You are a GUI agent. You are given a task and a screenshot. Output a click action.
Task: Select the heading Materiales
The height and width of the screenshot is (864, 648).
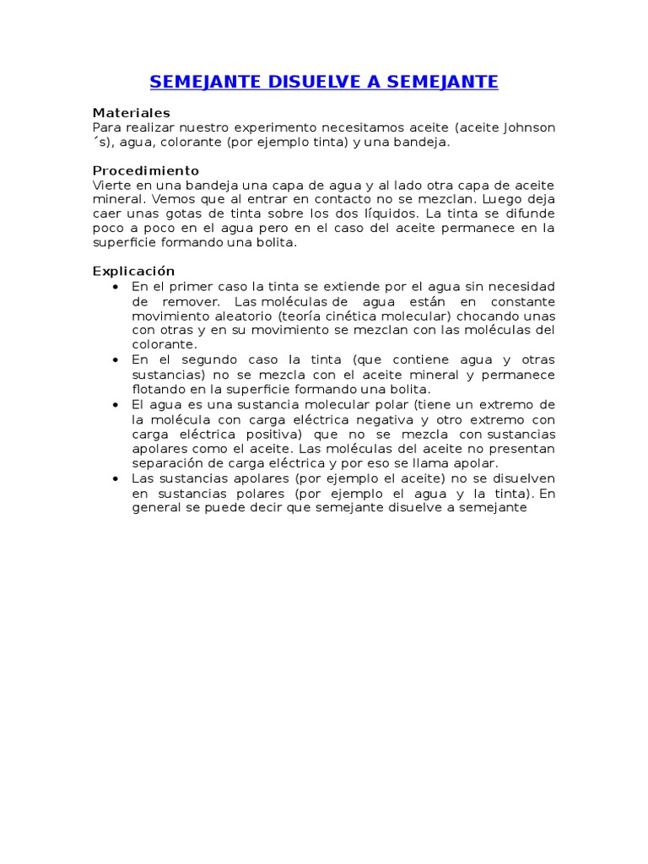[x=131, y=112]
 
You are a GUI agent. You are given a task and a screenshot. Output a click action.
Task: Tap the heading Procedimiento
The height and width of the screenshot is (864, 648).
[x=146, y=170]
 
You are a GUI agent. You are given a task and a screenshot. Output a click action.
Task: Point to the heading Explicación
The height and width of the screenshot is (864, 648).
[x=133, y=271]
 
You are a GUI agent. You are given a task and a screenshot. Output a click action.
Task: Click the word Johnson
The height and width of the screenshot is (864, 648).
[x=529, y=127]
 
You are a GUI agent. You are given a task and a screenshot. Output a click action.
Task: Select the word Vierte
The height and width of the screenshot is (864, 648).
[x=110, y=185]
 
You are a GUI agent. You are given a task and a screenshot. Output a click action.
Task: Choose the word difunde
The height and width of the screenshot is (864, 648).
[x=530, y=213]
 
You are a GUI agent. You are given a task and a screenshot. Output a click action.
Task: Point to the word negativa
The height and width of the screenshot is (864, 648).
[x=386, y=419]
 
